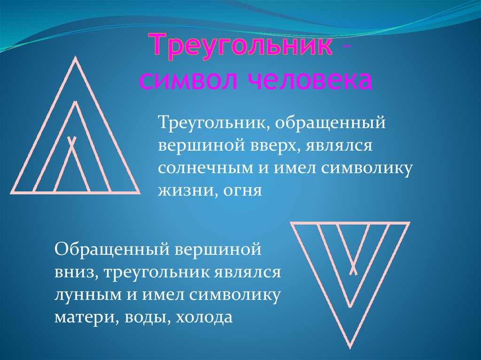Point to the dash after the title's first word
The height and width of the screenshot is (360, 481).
[x=346, y=46]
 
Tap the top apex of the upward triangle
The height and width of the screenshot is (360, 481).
[x=75, y=58]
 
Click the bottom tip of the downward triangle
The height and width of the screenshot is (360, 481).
[x=350, y=347]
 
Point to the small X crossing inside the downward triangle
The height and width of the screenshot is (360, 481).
[x=353, y=270]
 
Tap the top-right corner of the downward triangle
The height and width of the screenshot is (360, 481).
[x=409, y=223]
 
